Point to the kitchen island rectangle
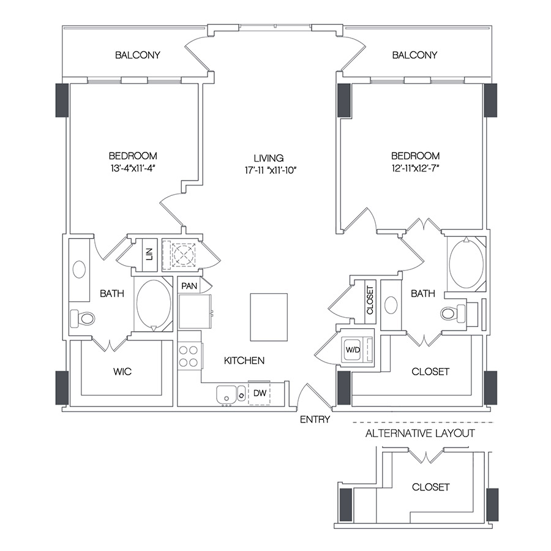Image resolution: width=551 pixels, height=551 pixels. (x=269, y=316)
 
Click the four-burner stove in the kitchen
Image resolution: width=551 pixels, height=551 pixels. (x=190, y=356)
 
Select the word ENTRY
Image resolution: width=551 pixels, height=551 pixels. (x=315, y=419)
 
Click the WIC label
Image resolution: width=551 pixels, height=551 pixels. (x=122, y=372)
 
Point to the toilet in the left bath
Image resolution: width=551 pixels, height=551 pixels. (x=83, y=318)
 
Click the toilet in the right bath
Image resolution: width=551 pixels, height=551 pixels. (x=452, y=313)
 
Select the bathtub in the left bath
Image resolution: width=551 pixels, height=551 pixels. (x=153, y=304)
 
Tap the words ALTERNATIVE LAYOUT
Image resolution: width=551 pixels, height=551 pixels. (x=420, y=433)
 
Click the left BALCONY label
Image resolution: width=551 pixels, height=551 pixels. (x=138, y=55)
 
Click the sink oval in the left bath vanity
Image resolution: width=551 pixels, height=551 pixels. (x=80, y=269)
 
